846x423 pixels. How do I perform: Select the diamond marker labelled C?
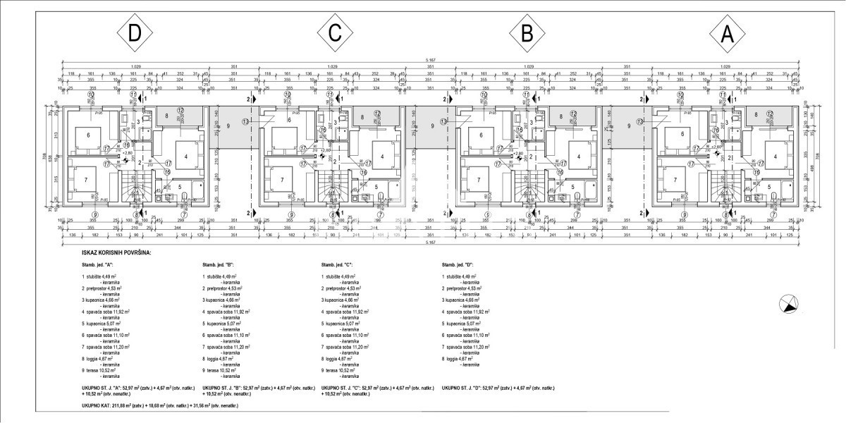pos(331,35)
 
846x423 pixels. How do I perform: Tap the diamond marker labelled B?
pos(528,35)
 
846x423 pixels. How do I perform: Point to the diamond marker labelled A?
pos(725,35)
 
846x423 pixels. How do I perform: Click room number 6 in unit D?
pos(89,135)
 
